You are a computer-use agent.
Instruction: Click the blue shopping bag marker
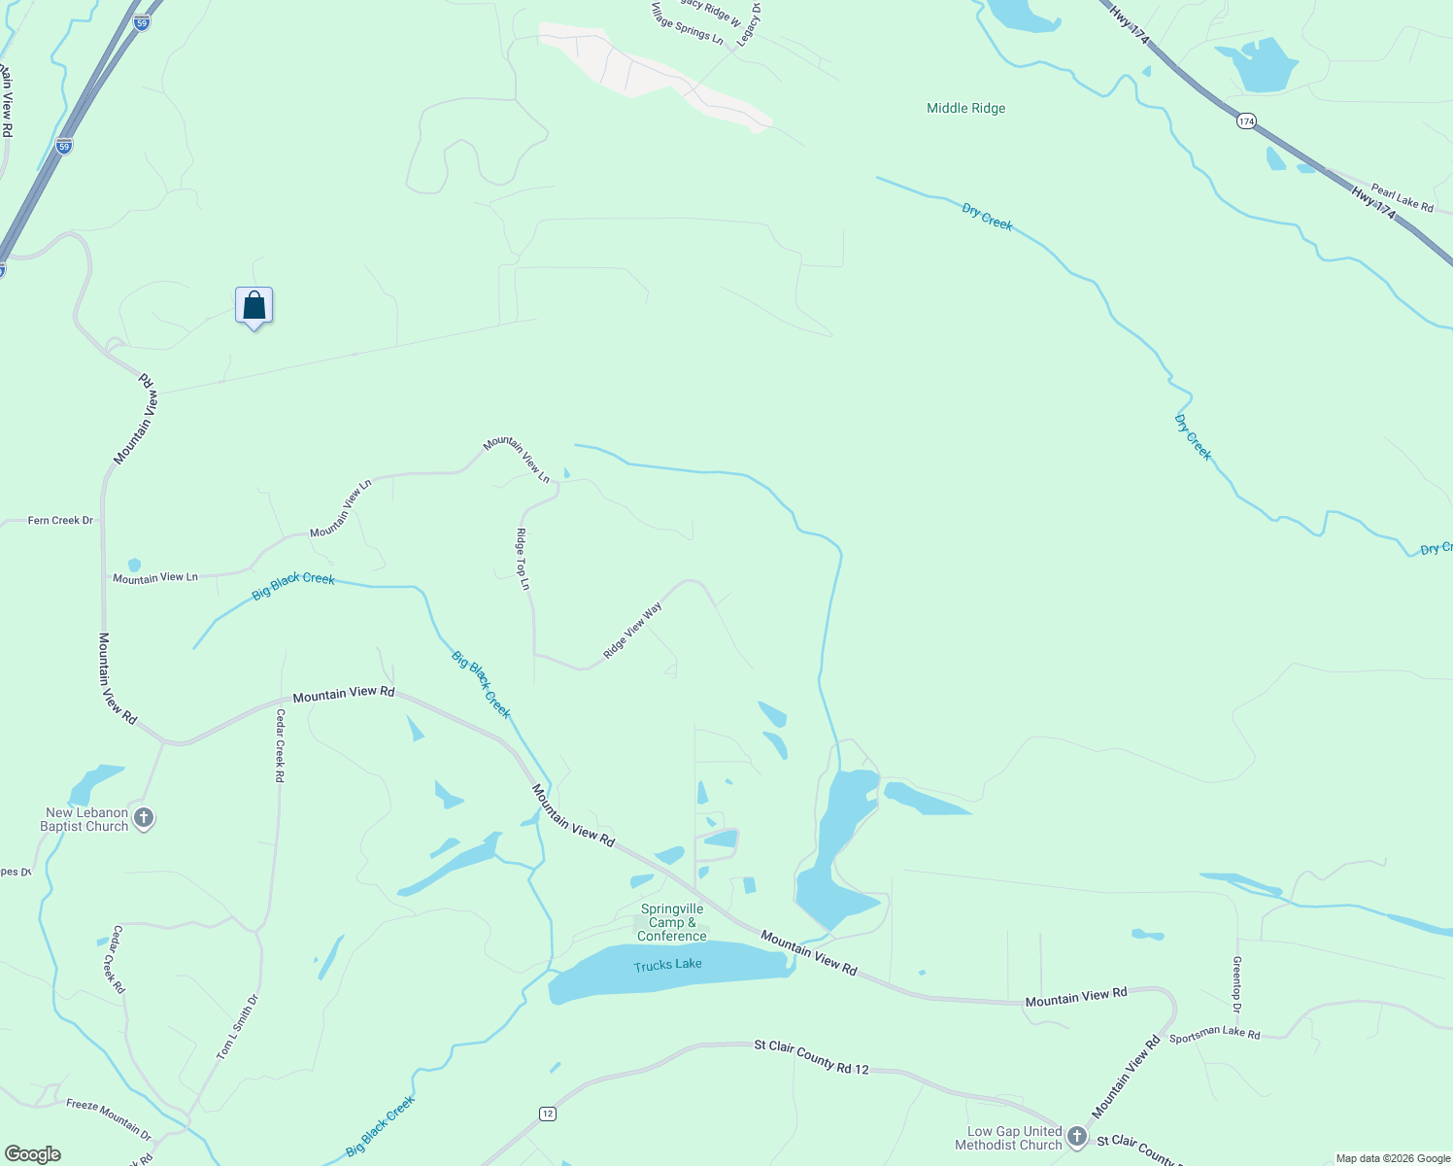[x=253, y=306]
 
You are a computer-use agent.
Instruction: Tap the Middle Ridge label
[x=965, y=108]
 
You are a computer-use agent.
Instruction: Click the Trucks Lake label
[x=667, y=965]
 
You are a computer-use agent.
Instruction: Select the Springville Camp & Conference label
[x=672, y=923]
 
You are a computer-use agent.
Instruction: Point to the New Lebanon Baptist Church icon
[x=144, y=818]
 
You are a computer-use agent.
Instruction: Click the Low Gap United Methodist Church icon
[x=1076, y=1136]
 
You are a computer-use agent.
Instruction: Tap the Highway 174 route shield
[x=1247, y=121]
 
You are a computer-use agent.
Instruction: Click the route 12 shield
[x=548, y=1114]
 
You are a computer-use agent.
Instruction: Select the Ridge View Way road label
[x=632, y=631]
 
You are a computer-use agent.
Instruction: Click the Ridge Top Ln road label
[x=523, y=559]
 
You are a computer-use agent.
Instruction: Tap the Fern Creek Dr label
[x=60, y=521]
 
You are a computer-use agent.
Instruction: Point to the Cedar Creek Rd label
[x=280, y=745]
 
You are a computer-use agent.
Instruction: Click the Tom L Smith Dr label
[x=238, y=1026]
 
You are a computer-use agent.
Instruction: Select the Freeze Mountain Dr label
[x=109, y=1118]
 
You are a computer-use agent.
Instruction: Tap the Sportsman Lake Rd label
[x=1214, y=1034]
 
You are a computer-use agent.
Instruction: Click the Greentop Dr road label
[x=1236, y=984]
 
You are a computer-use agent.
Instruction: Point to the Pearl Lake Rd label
[x=1402, y=197]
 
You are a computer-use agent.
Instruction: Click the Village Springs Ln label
[x=688, y=23]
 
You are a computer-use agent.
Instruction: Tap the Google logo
[x=33, y=1154]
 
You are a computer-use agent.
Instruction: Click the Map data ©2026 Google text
[x=1393, y=1158]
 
